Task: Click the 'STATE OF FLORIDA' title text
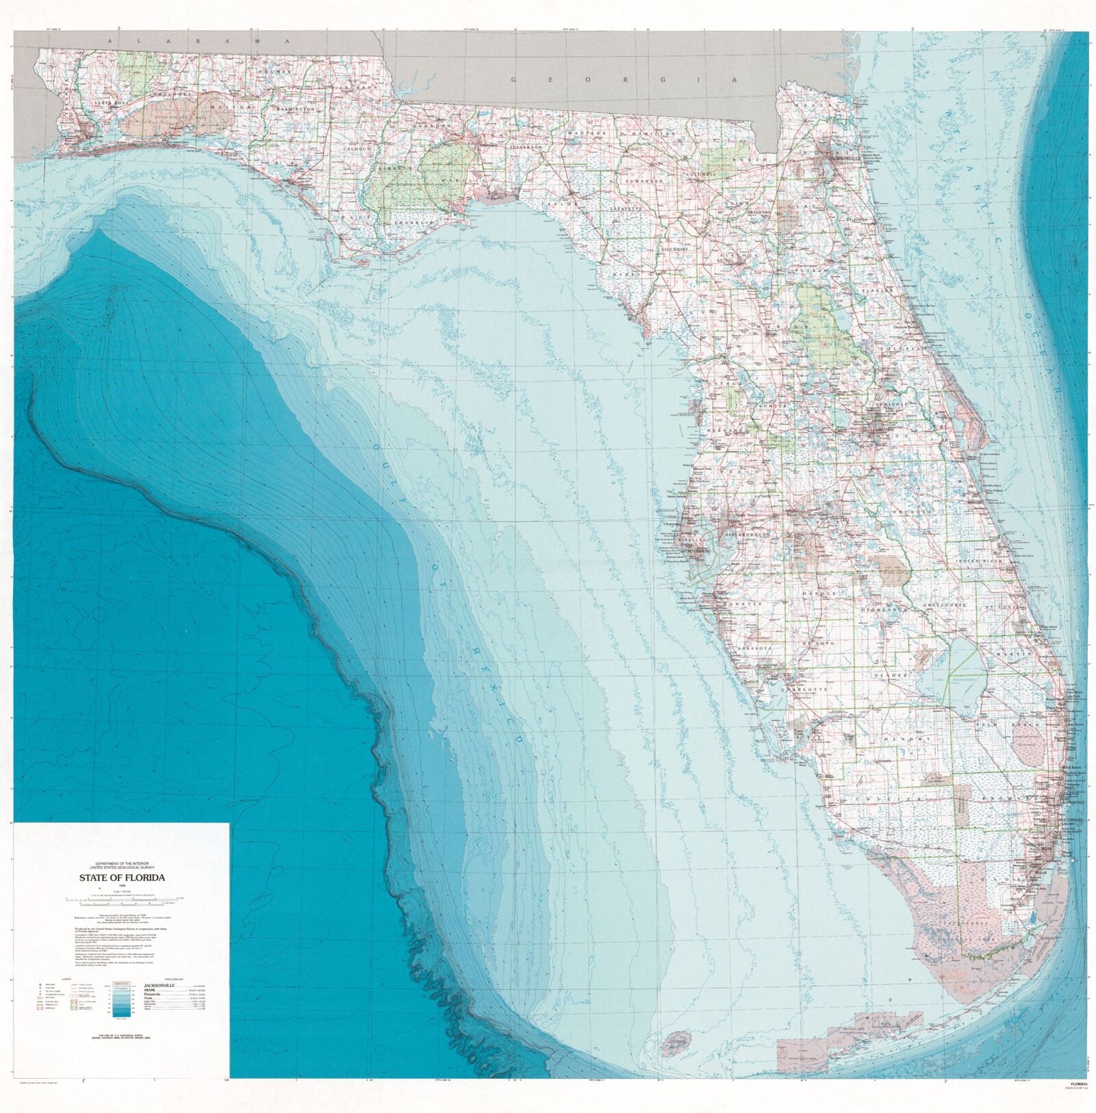(x=121, y=877)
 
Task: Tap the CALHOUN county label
(x=356, y=149)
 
